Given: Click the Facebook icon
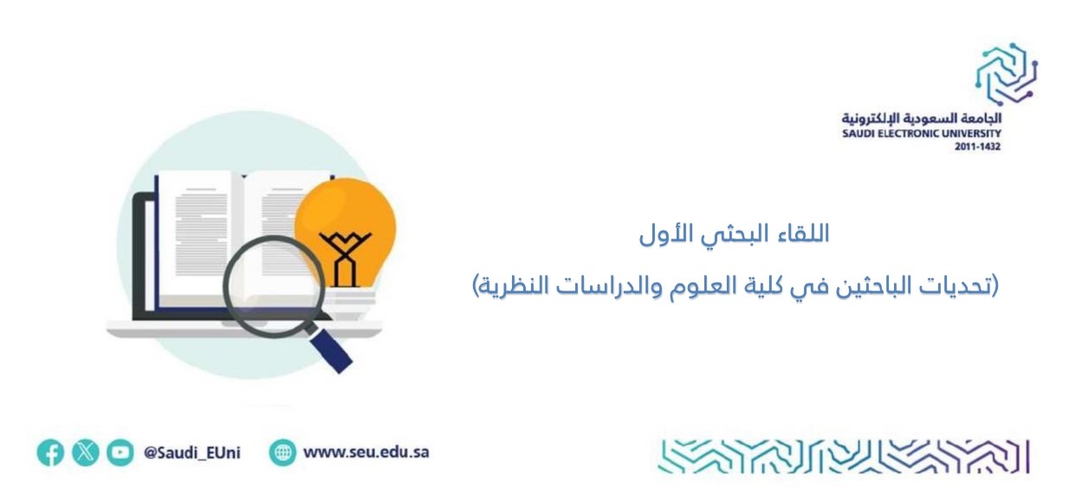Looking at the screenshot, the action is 50,452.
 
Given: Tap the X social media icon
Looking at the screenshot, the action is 86,452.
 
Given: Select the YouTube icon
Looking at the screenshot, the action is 120,452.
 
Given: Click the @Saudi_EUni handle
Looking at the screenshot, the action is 191,452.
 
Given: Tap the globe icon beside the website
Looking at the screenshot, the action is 282,452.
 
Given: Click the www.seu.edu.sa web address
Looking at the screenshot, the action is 366,452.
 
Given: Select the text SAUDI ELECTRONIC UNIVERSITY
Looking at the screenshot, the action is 922,133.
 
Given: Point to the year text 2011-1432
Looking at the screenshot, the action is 977,146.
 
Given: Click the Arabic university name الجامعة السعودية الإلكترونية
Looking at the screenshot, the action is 922,118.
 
